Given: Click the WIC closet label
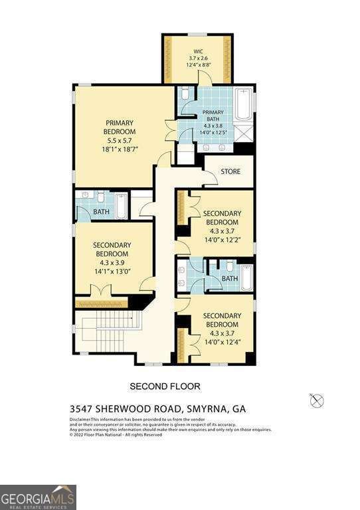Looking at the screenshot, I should pos(197,50).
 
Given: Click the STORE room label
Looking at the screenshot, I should pos(230,172).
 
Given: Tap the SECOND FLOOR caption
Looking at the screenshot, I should pos(165,386).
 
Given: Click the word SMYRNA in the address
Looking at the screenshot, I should pos(207,409).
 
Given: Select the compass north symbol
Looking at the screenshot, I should pos(317,400).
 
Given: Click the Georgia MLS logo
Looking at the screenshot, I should pos(38,497).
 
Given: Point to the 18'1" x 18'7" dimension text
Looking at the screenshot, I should pos(120,150).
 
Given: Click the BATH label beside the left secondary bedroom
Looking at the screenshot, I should pos(102,212).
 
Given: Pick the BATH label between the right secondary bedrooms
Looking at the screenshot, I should pos(230,278).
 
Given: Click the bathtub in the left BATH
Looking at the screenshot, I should pos(122,206).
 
